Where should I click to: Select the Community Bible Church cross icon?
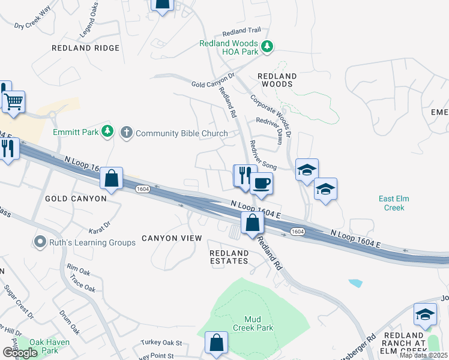point(126,132)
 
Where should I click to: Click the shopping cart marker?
point(13,101)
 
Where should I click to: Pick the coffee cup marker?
point(261,182)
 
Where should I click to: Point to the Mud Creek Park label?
point(259,323)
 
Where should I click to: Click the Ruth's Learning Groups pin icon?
point(40,242)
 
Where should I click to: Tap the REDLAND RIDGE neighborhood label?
point(86,48)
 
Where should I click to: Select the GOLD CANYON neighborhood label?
point(76,198)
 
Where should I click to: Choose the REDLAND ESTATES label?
point(229,257)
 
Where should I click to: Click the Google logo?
point(19,353)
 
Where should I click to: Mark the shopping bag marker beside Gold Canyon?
point(111,178)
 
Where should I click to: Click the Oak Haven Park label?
point(50,346)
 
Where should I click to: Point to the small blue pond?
point(355,283)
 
